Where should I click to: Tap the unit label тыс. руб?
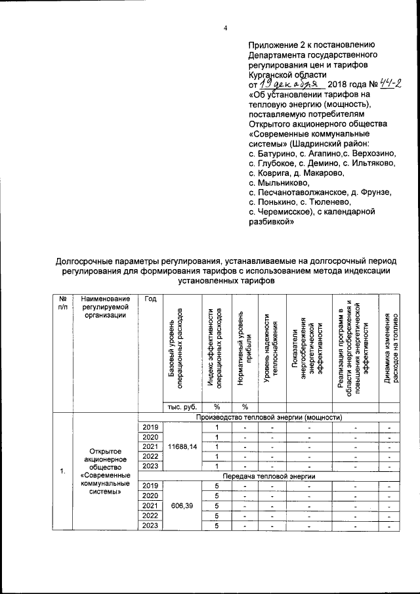[x=183, y=406]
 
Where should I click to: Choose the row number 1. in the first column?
[x=62, y=471]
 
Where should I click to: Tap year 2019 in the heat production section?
[x=150, y=427]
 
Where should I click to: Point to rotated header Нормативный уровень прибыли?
[x=244, y=351]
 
